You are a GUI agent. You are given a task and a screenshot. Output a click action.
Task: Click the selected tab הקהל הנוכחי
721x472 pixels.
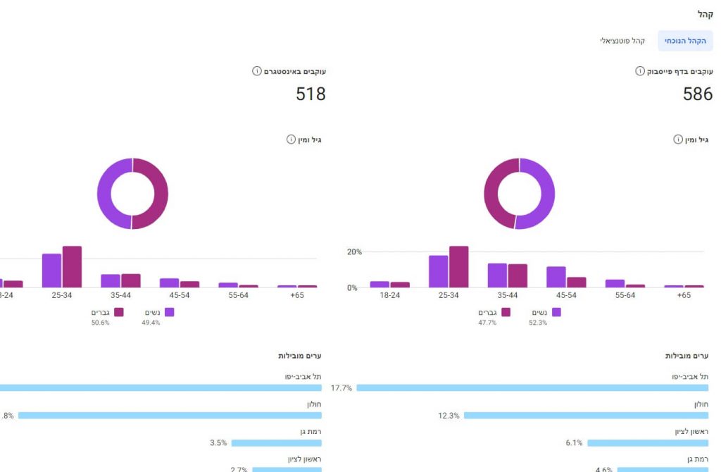tap(685, 41)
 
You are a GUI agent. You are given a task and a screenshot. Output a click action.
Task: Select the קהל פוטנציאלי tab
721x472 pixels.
tap(622, 41)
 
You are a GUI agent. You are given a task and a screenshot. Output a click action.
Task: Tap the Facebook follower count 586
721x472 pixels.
tap(698, 94)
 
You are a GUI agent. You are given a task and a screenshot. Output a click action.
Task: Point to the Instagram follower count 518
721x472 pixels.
tap(311, 94)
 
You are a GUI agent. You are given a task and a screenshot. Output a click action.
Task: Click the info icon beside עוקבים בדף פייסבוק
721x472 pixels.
tap(640, 71)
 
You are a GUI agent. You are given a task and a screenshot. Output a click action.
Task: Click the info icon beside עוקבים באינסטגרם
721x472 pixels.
tap(257, 71)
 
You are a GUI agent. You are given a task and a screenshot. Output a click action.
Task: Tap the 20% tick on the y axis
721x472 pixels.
tap(353, 251)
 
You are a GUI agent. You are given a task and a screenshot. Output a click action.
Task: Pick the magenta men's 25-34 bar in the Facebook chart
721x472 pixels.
tap(459, 267)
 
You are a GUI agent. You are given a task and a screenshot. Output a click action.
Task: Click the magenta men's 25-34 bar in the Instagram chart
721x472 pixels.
tap(72, 267)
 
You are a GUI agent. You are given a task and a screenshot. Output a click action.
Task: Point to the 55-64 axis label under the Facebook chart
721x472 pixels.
tap(625, 295)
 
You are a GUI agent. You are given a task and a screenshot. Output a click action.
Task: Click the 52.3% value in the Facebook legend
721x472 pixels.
tap(538, 323)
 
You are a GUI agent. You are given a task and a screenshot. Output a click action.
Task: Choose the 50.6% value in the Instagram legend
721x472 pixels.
tap(101, 323)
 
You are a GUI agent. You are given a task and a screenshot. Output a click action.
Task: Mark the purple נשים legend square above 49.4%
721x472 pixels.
tap(169, 311)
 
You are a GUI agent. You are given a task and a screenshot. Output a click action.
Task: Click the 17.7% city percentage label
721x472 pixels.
tap(342, 387)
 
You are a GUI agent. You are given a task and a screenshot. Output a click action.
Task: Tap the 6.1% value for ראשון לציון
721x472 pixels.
tap(574, 443)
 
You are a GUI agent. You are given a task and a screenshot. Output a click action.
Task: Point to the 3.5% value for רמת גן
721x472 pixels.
tap(218, 443)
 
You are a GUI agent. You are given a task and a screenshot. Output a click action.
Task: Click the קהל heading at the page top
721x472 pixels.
tap(706, 14)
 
